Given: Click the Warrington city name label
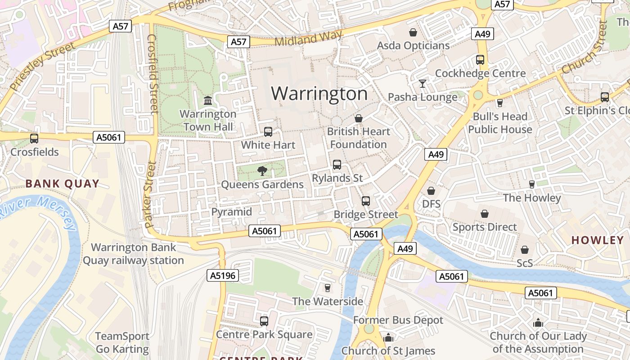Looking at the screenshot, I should point(319,94).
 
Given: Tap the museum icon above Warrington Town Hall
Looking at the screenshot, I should point(208,100).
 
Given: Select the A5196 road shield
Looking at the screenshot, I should point(223,275).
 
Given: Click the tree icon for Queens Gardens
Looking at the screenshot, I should point(262,171).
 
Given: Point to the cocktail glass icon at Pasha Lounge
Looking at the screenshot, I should point(422,84).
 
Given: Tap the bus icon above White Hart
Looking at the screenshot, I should point(268,132).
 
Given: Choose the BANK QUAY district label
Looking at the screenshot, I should point(62,184).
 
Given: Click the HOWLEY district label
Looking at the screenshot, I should point(597,240).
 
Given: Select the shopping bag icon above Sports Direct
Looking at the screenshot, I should point(485,214).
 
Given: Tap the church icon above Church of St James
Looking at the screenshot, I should point(388,337).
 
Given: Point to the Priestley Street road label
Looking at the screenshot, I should point(42,66).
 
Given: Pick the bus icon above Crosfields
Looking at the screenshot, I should point(34,139).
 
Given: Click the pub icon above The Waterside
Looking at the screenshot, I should point(328,288).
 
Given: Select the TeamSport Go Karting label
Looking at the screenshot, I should point(122,342).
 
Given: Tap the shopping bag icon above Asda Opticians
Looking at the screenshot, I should point(413,32).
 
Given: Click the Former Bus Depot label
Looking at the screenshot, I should point(398,320).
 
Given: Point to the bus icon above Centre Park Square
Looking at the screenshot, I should point(264,321).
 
